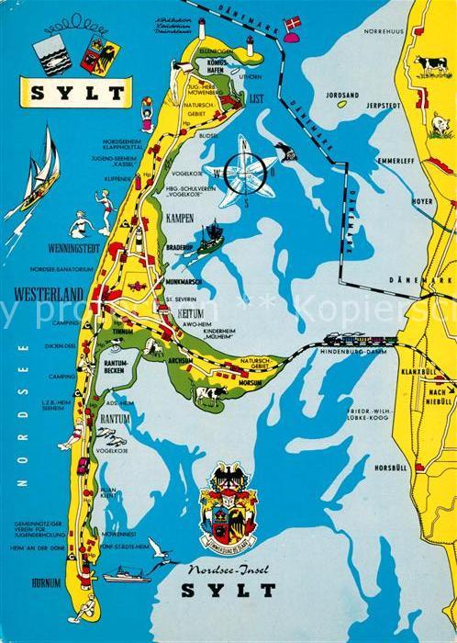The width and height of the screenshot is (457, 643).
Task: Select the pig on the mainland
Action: pyautogui.click(x=441, y=124)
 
